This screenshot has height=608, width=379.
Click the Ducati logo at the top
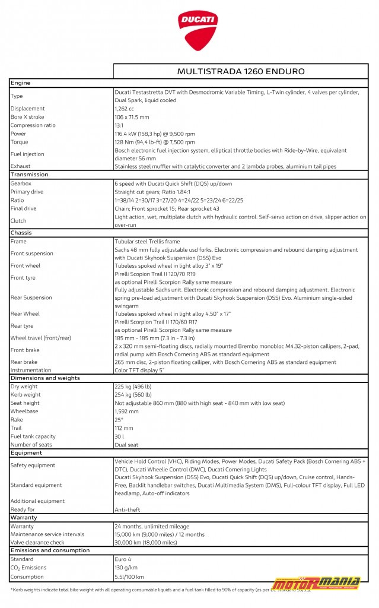(x=198, y=32)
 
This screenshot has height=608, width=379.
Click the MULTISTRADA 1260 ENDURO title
(x=241, y=71)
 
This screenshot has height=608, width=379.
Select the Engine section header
(x=21, y=83)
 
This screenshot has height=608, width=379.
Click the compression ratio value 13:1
(x=119, y=125)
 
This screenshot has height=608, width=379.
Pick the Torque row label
(x=19, y=142)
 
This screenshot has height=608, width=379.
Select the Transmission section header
(x=30, y=175)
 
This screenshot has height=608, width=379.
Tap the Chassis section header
(x=21, y=233)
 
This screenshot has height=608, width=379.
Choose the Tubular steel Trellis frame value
(x=147, y=242)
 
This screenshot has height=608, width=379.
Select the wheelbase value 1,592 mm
(x=128, y=411)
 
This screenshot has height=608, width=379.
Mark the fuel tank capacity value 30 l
(x=119, y=436)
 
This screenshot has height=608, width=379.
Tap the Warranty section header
(x=24, y=518)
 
